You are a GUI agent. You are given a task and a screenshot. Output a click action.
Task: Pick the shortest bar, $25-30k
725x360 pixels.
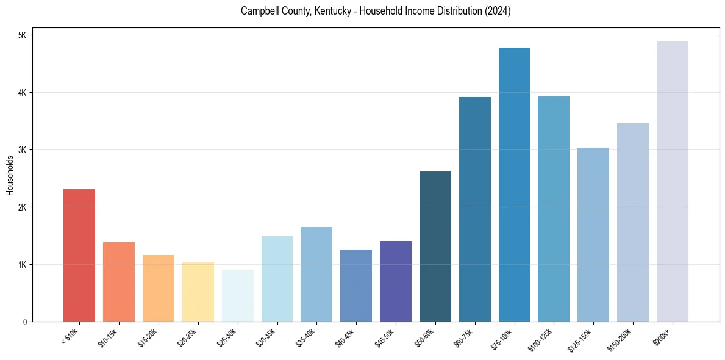237,296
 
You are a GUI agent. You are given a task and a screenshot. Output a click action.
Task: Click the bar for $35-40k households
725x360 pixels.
316,274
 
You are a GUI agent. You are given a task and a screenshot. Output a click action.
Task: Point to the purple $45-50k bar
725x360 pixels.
396,281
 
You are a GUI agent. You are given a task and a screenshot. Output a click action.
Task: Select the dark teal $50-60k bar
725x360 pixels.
435,247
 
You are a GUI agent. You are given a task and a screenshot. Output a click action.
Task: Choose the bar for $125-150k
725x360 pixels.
593,234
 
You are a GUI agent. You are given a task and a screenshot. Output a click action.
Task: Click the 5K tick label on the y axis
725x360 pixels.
23,35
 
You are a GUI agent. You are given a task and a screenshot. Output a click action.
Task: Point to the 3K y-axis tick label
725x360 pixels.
23,150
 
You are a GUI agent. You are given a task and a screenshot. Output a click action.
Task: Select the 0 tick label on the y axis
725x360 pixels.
25,322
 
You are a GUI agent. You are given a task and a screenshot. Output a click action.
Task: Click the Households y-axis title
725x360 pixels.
10,175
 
